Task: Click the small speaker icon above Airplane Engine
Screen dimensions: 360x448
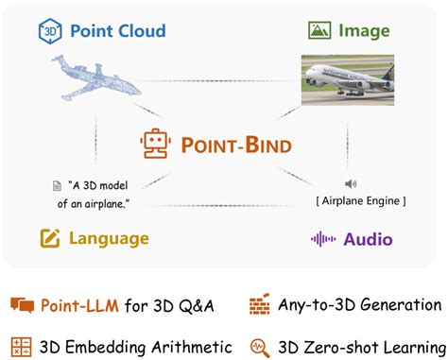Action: pos(350,184)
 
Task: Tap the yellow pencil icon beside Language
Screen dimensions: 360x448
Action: pos(50,238)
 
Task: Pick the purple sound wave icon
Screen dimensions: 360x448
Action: pos(323,239)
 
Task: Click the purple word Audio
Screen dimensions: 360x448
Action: pos(368,239)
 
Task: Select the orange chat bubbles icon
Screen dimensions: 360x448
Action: pos(23,305)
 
